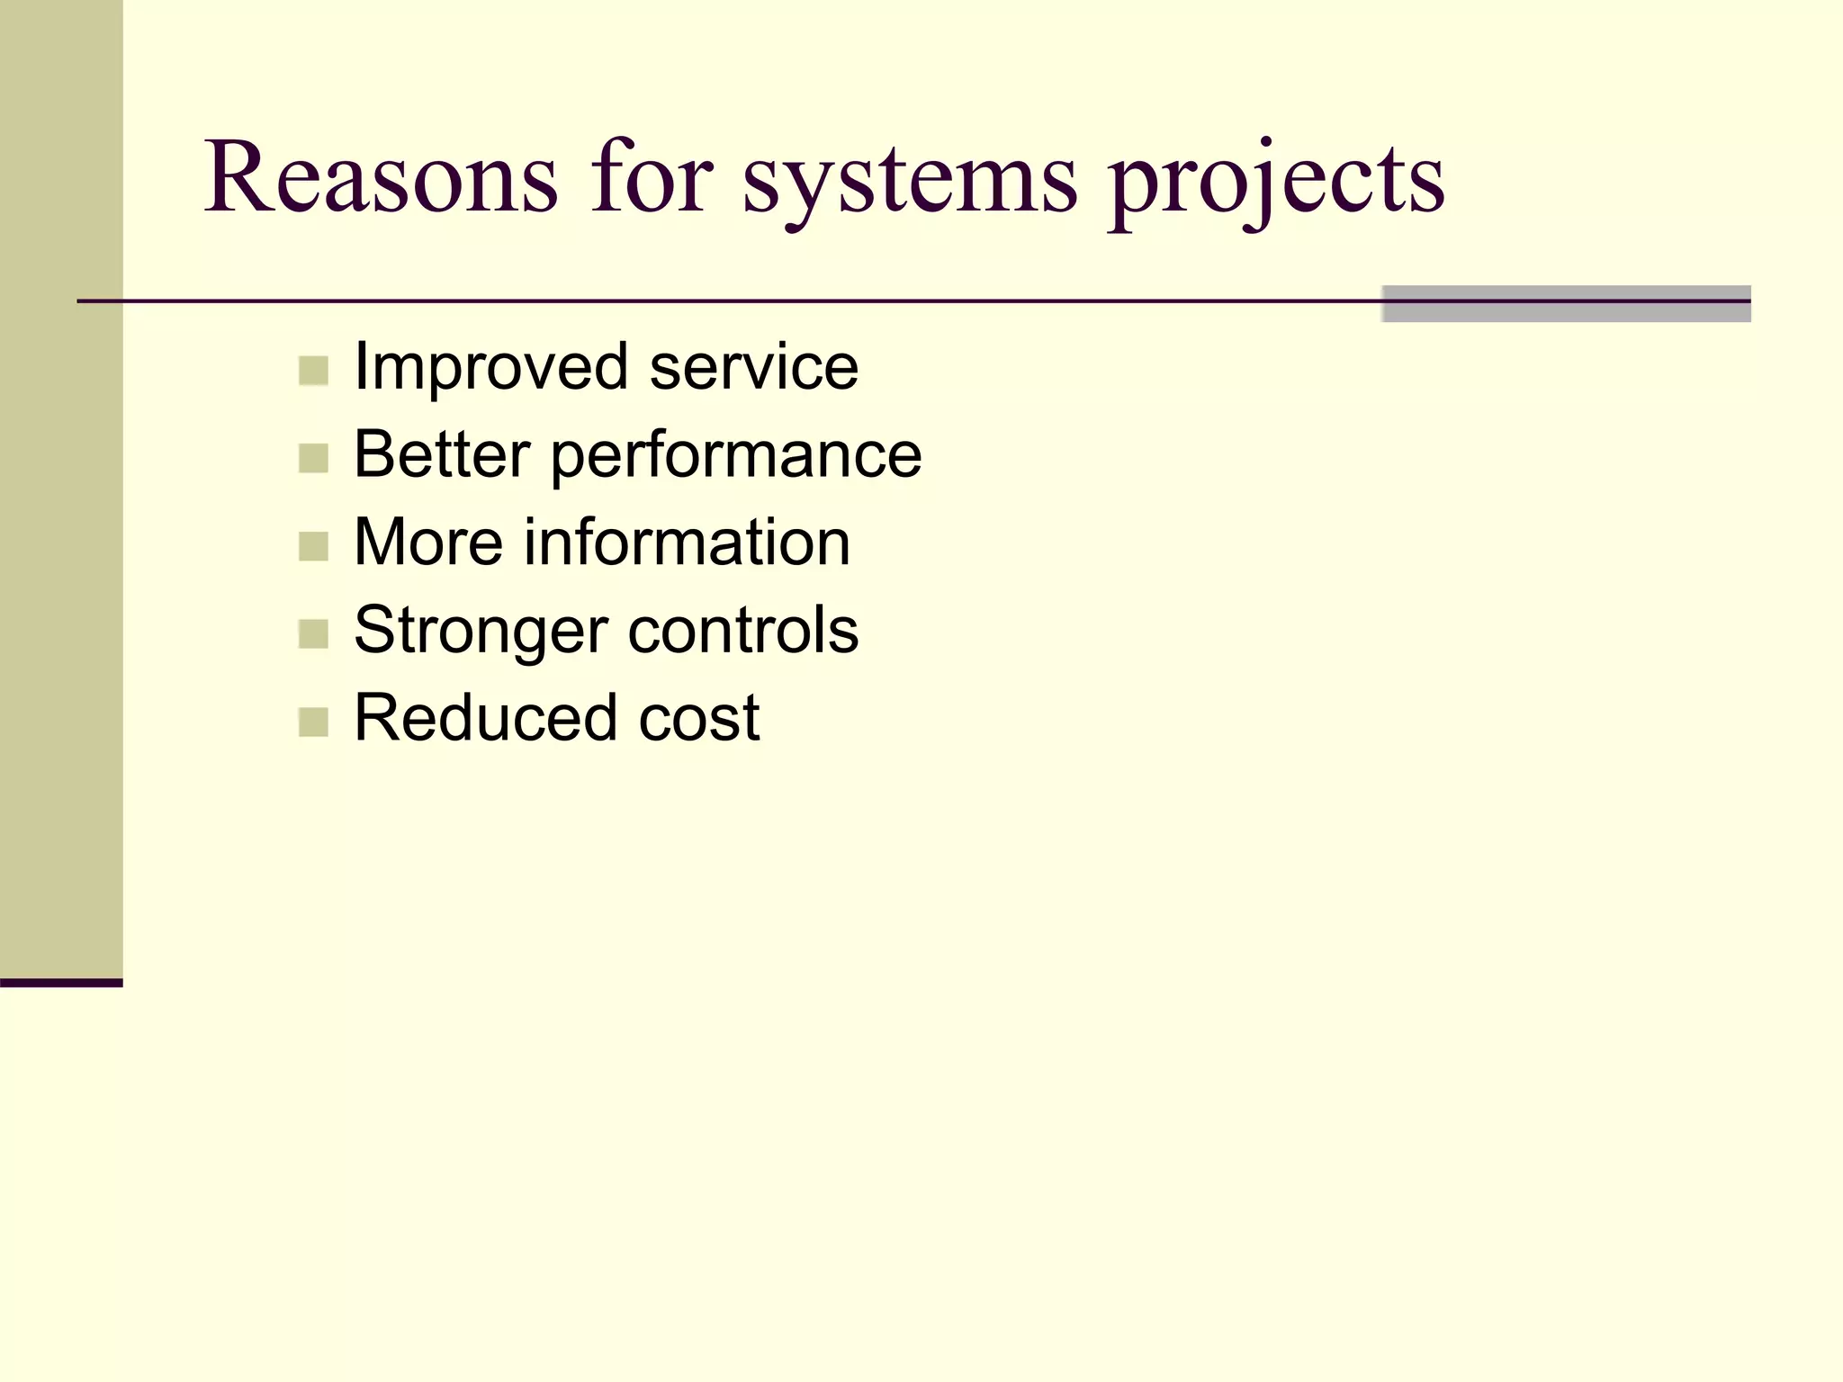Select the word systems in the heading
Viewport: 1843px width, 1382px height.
909,184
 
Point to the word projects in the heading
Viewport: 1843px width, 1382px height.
1276,184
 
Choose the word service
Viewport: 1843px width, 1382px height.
754,368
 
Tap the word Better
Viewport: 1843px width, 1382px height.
442,454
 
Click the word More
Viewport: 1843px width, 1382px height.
428,543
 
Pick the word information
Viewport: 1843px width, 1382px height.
688,543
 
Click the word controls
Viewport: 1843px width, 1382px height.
743,630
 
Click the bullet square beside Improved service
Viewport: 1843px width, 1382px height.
313,371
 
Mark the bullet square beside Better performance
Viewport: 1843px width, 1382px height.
313,458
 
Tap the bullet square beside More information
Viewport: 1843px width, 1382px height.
313,546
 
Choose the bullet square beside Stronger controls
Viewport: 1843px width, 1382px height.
313,634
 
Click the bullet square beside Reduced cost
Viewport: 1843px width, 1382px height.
313,722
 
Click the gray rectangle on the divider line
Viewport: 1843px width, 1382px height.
1566,304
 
